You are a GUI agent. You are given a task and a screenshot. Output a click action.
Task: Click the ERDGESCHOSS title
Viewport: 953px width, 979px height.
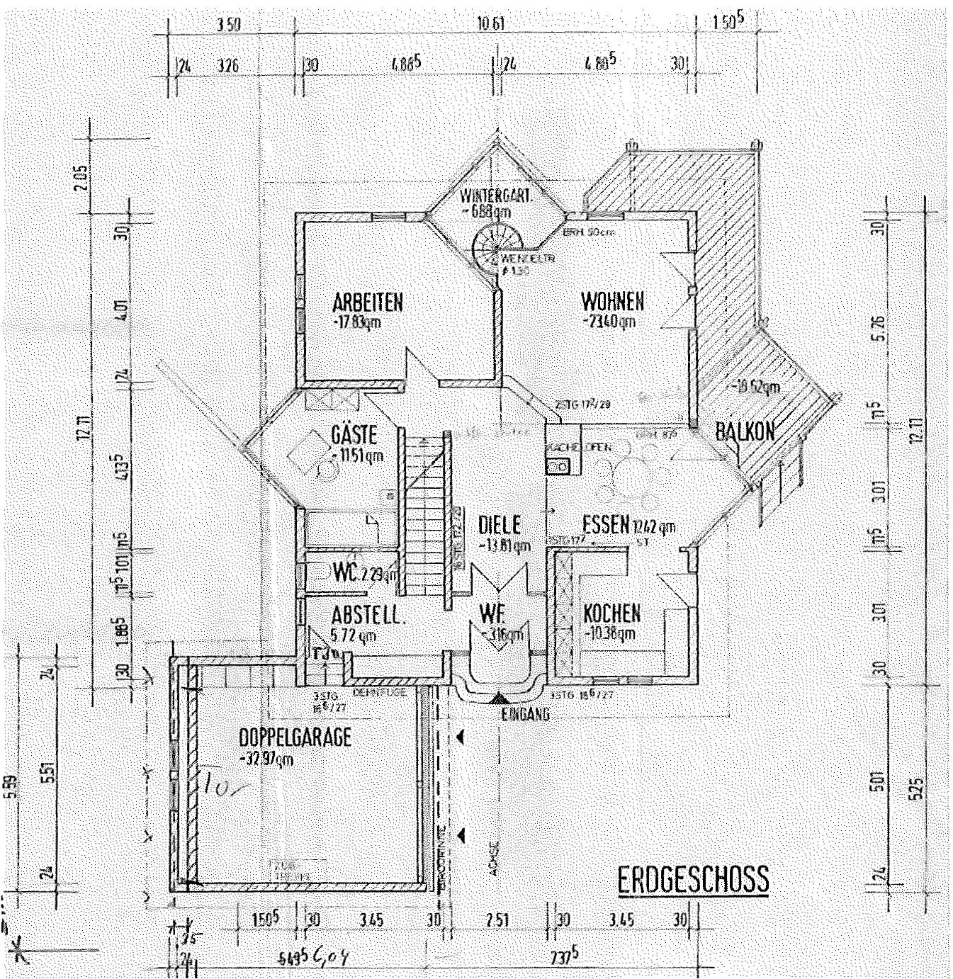(692, 880)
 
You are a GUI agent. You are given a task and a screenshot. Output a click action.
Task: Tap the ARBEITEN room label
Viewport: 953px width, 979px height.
(367, 303)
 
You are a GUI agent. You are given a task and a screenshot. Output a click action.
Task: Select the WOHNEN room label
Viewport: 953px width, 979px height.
(612, 302)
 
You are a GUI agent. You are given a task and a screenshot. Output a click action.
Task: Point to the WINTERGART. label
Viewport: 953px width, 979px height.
(495, 196)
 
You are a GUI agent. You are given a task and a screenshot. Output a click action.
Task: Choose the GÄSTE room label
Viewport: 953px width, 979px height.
(354, 435)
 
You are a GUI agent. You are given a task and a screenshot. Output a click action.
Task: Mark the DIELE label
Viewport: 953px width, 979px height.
(499, 525)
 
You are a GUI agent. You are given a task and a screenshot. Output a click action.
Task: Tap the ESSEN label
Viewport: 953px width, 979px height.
(606, 524)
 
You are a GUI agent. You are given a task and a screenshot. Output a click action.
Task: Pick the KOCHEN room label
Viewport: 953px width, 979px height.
(611, 613)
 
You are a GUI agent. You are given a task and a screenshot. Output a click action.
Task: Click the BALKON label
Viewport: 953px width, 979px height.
(745, 431)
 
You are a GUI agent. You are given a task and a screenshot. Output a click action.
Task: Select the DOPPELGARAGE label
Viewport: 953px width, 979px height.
(295, 737)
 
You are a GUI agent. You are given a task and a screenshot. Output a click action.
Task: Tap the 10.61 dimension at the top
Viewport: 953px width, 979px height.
(491, 24)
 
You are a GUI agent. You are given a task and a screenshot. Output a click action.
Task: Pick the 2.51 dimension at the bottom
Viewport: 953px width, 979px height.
(497, 920)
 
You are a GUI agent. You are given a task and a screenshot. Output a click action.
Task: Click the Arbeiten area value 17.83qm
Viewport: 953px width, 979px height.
(356, 322)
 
